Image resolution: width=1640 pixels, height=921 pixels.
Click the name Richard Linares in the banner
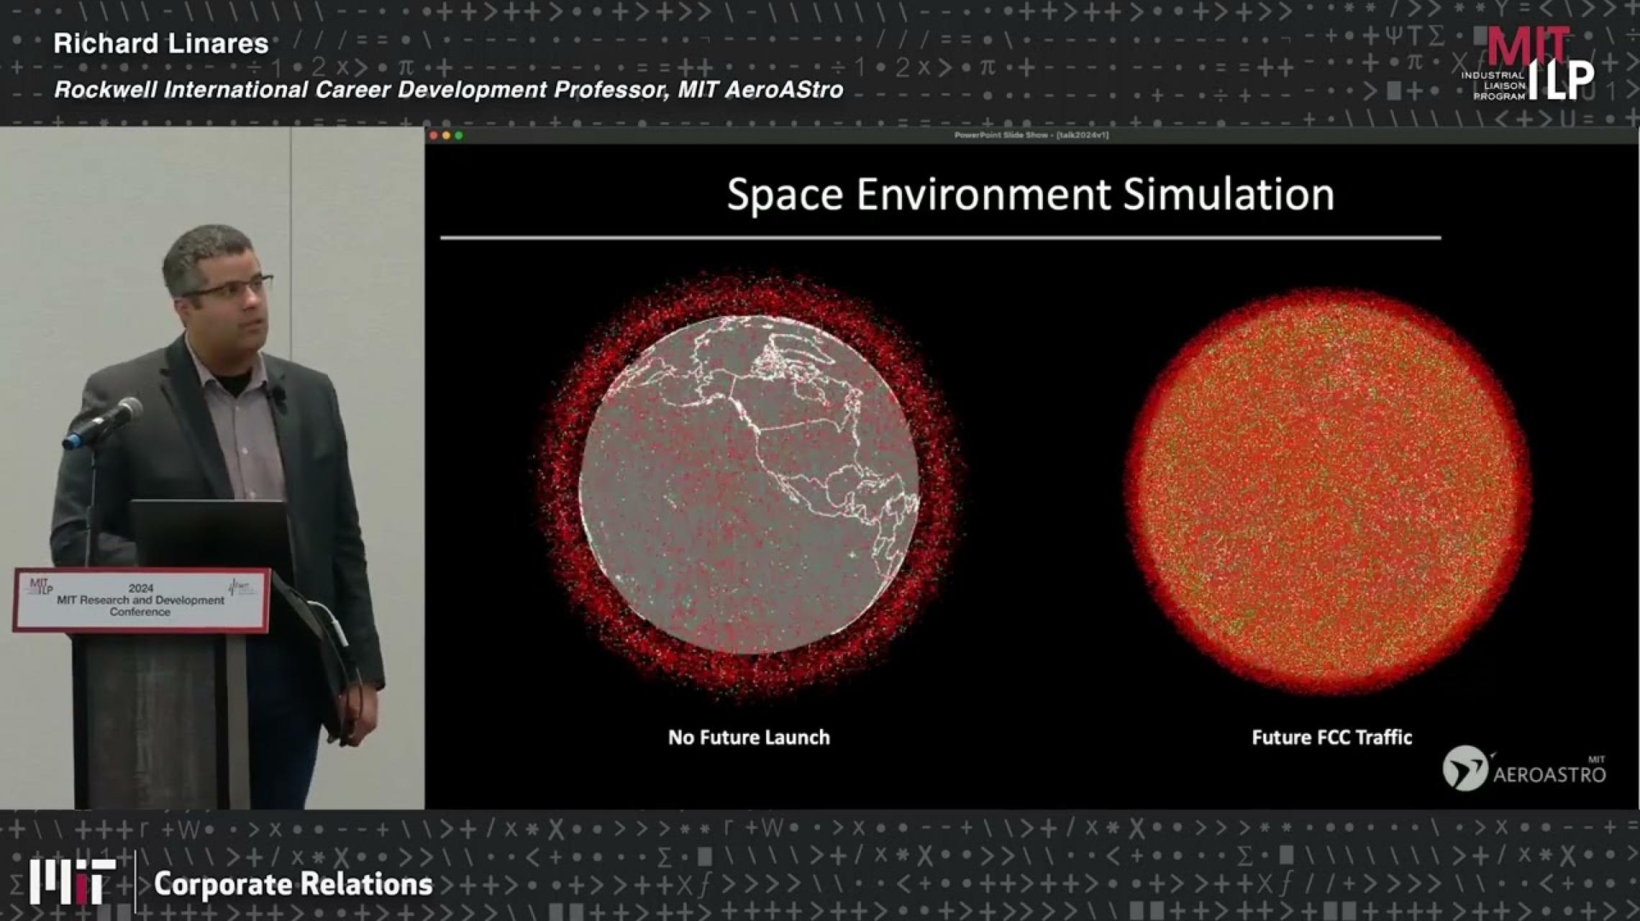tap(160, 44)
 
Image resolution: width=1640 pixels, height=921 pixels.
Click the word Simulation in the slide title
tap(1228, 194)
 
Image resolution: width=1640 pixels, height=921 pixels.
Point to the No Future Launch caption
tap(749, 738)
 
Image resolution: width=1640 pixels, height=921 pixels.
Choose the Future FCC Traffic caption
tap(1331, 738)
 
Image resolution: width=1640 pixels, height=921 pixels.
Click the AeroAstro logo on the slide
tap(1523, 768)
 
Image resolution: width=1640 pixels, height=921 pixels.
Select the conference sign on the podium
tap(141, 600)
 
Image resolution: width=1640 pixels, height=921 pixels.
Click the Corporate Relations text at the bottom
tap(293, 884)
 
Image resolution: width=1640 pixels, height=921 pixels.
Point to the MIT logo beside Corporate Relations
tap(72, 881)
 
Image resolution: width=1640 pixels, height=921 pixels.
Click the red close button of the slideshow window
tap(434, 135)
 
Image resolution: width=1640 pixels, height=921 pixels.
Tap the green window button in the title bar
tap(459, 135)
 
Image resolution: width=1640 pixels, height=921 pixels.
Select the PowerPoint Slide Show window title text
tap(1031, 135)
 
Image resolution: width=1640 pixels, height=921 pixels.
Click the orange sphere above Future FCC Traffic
tap(1327, 491)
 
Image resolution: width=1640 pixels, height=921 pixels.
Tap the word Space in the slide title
tap(785, 194)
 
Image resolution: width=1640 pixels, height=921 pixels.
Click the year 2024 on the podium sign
tap(141, 588)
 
